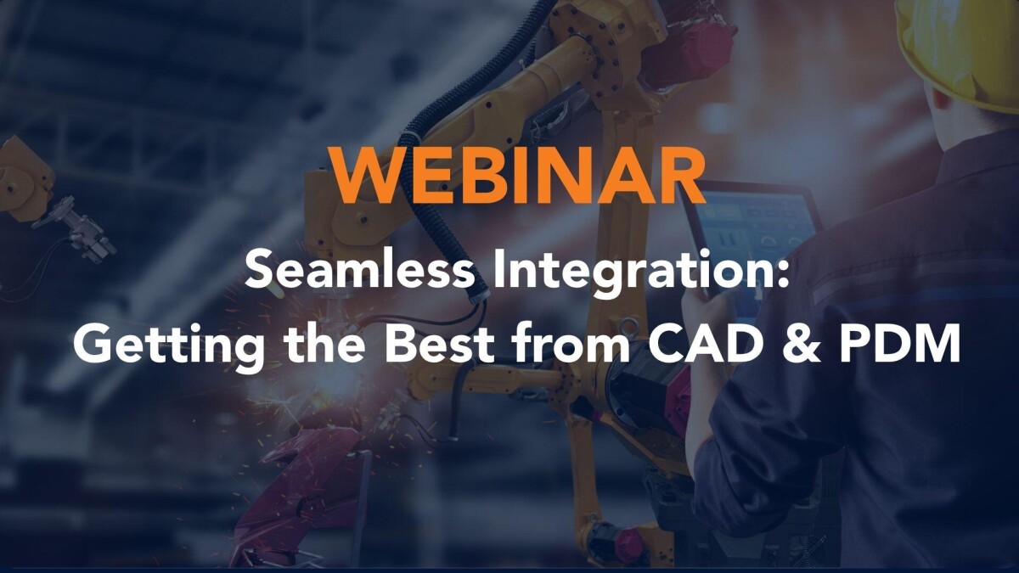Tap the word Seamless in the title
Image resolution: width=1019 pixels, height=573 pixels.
pyautogui.click(x=359, y=270)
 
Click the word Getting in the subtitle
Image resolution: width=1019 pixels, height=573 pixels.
pyautogui.click(x=169, y=345)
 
